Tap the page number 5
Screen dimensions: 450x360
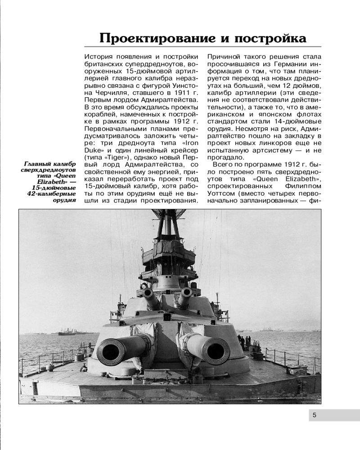(314, 415)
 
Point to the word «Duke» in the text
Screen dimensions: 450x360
(93, 150)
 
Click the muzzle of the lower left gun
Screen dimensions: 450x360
(110, 351)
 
